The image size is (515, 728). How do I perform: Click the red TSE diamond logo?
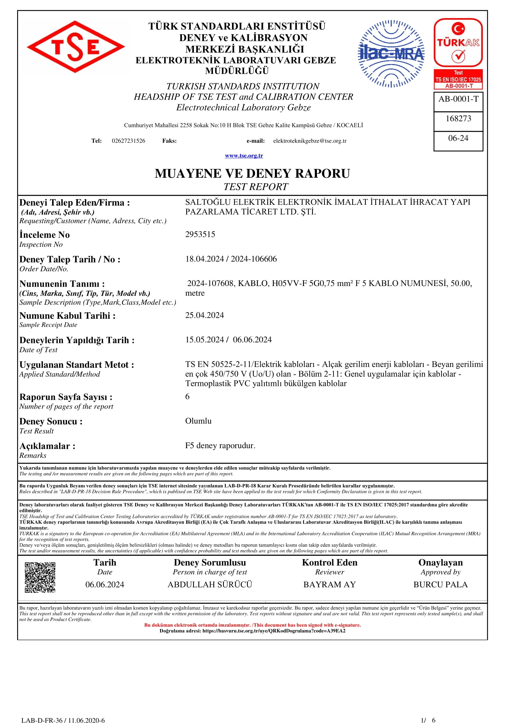(x=76, y=47)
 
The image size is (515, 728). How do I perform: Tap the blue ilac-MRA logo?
(x=391, y=54)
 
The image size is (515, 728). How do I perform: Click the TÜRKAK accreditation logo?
(x=458, y=53)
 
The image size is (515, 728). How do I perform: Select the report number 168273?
(x=458, y=119)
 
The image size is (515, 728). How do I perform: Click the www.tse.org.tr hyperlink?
(x=244, y=156)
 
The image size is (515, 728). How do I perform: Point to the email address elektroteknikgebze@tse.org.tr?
(x=310, y=141)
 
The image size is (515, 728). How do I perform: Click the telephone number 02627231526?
(x=128, y=141)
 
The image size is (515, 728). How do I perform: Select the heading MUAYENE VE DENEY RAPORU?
(x=253, y=173)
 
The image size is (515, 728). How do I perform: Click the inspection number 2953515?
(x=200, y=234)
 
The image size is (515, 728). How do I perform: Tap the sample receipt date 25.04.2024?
(x=205, y=315)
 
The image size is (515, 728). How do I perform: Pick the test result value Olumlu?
(x=198, y=421)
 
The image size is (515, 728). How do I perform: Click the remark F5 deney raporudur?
(x=220, y=445)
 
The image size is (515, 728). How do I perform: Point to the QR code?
(x=40, y=577)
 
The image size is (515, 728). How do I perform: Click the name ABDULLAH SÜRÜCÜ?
(x=210, y=585)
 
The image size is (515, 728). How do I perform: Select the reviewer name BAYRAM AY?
(x=329, y=585)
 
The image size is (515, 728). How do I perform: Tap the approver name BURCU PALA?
(x=441, y=585)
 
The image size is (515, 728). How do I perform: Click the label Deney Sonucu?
(x=51, y=421)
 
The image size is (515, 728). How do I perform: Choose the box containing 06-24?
(x=458, y=138)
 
